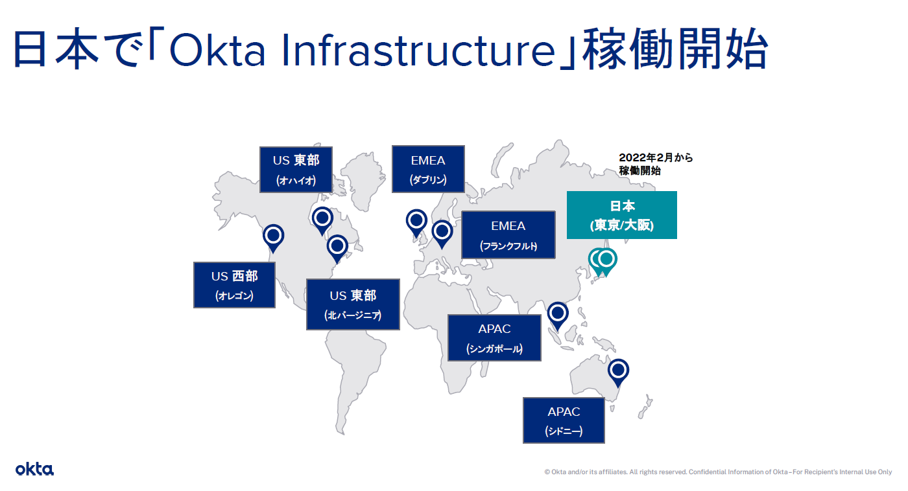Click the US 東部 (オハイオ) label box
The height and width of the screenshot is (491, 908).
[296, 170]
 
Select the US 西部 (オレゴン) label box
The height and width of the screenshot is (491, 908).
[234, 285]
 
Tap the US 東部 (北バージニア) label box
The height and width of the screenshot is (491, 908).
[353, 304]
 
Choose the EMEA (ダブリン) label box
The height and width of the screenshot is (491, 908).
[428, 169]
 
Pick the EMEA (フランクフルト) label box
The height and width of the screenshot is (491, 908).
[508, 234]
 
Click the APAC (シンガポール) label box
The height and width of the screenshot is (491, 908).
[494, 337]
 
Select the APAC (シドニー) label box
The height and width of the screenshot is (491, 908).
[564, 420]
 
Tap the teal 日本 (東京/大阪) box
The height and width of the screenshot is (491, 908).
[622, 215]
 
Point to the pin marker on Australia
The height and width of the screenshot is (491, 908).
[618, 373]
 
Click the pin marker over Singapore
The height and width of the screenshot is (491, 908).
[558, 316]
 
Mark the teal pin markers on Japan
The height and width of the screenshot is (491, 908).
[603, 262]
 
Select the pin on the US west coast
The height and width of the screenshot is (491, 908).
[273, 238]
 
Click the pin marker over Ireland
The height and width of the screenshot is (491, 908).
[416, 223]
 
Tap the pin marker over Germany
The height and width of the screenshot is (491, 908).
[442, 234]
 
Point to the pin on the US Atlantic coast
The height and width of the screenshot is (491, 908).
[337, 249]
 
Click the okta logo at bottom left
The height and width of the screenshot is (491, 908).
[34, 469]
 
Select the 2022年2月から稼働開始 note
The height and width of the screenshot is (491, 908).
[656, 164]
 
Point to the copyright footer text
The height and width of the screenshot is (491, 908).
[718, 472]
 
